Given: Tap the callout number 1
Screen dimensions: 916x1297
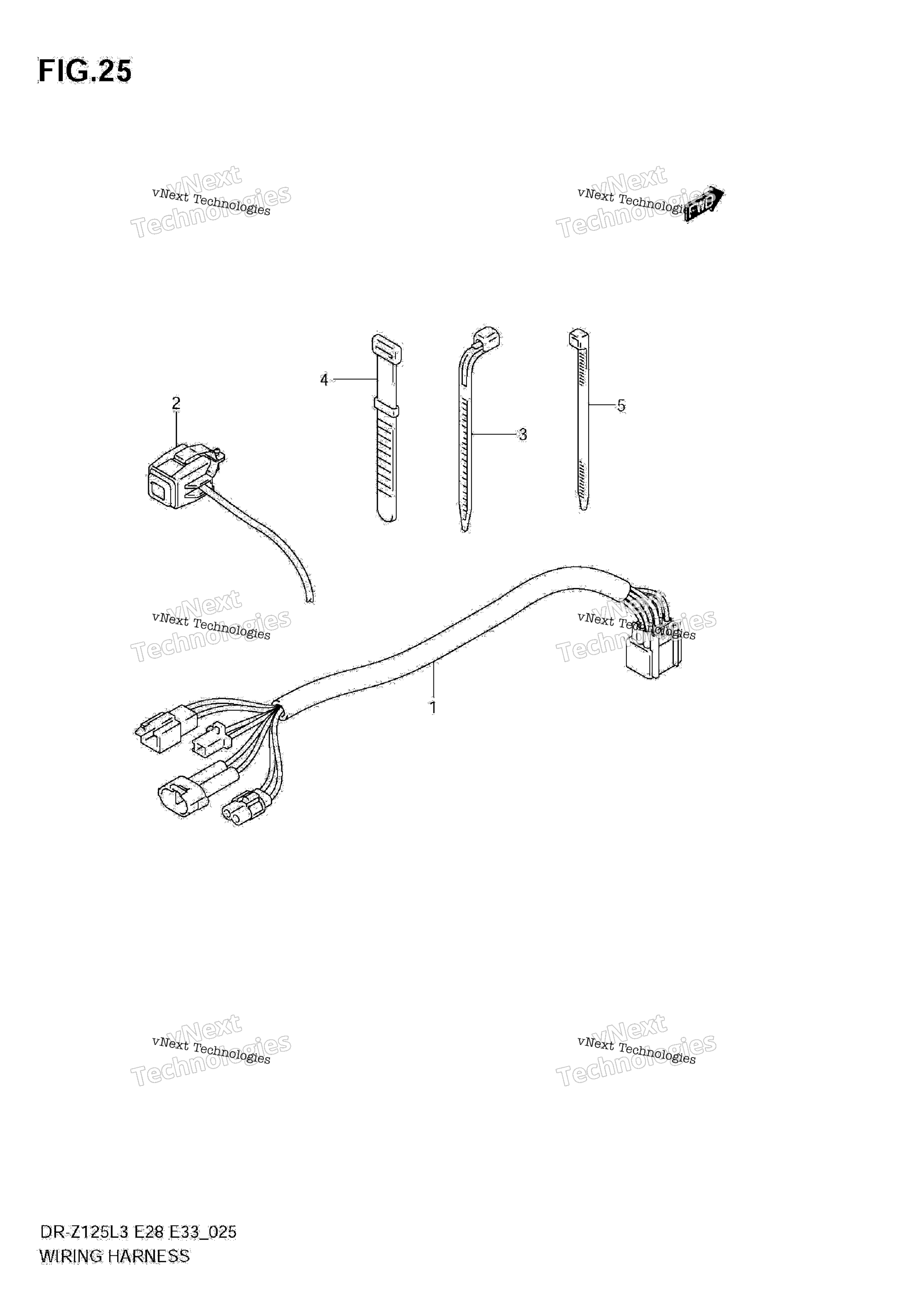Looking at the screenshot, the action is click(433, 707).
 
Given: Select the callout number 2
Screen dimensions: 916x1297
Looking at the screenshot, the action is click(176, 403).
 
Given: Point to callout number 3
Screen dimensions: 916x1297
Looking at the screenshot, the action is click(523, 435).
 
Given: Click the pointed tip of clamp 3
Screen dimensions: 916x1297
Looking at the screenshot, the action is click(464, 528).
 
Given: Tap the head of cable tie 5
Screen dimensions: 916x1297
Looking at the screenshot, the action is click(579, 338).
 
